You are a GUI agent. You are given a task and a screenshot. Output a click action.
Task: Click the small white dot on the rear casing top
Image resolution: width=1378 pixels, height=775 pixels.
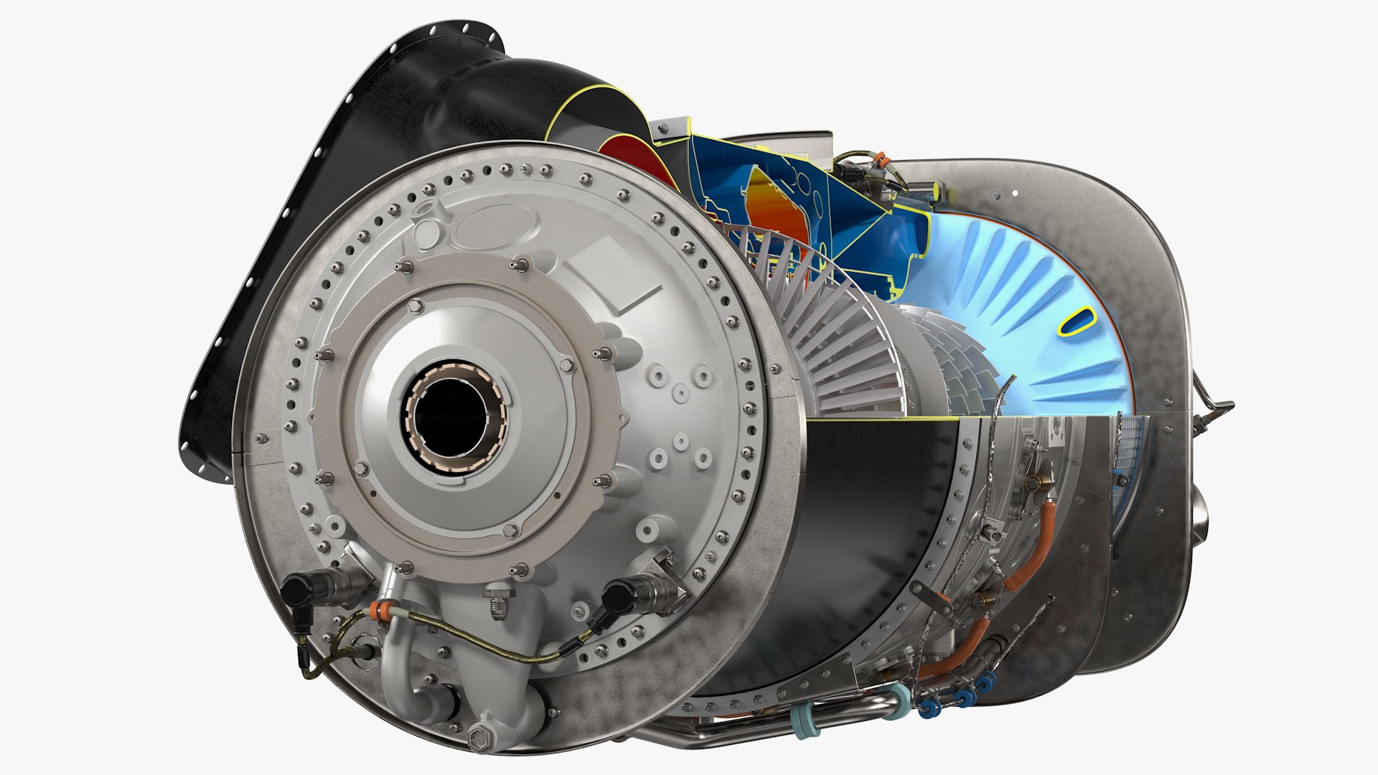pyautogui.click(x=1016, y=192)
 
